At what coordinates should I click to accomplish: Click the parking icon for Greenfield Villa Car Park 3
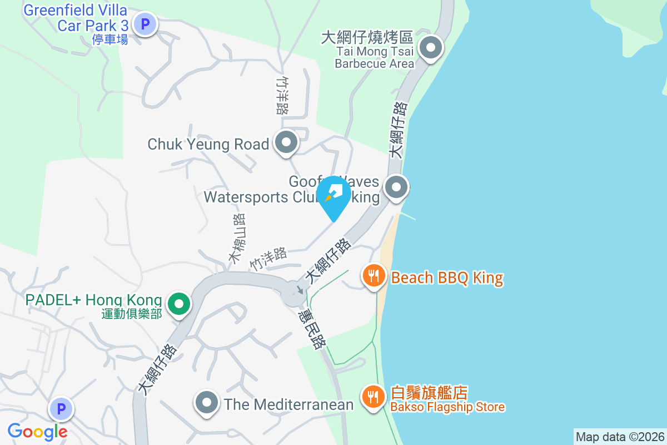pos(146,24)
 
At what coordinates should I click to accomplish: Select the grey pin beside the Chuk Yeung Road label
pos(287,144)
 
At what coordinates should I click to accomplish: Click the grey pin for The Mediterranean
pos(207,403)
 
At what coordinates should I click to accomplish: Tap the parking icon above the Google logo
pos(61,411)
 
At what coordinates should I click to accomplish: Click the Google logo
pos(38,431)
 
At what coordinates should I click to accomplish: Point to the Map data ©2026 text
pos(619,437)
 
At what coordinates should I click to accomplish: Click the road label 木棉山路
pos(237,238)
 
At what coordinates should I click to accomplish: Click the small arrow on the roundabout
pos(300,289)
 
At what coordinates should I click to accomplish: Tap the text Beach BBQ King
pos(447,278)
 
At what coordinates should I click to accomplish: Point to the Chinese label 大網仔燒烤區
pos(367,38)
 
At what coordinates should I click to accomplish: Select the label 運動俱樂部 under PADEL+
pos(132,314)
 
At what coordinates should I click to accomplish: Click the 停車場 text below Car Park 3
pos(110,39)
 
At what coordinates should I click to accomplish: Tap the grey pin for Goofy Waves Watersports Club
pos(396,187)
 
